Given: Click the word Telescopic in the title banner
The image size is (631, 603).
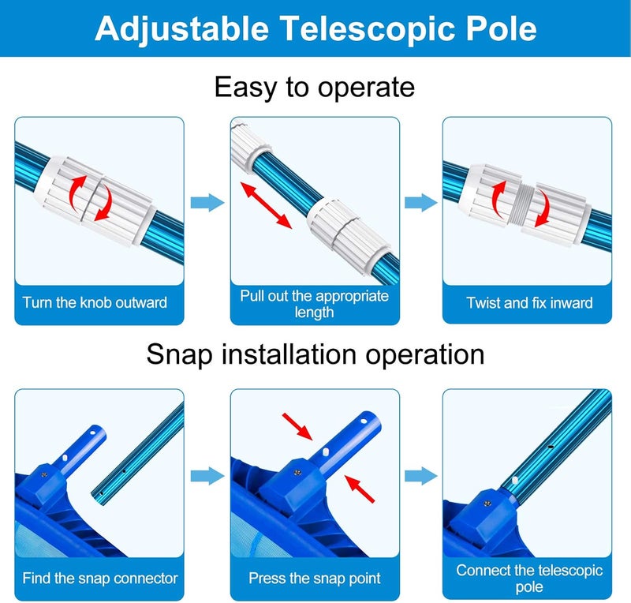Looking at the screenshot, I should click(346, 28).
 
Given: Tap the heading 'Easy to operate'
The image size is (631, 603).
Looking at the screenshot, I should click(315, 86).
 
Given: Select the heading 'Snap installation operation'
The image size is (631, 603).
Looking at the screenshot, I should click(315, 354).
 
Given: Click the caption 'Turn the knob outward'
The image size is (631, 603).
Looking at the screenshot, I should click(95, 302).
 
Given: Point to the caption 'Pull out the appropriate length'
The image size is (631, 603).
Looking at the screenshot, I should click(315, 304).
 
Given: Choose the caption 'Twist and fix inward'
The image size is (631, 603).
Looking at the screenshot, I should click(529, 302).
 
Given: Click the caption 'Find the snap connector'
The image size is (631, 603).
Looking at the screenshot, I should click(100, 579).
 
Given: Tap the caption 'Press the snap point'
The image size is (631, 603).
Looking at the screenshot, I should click(315, 579).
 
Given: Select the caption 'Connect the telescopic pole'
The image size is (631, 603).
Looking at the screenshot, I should click(529, 579).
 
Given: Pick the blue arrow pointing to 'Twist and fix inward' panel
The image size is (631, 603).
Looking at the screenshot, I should click(421, 203).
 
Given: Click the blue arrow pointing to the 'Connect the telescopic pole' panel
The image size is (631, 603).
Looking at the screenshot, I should click(421, 475).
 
